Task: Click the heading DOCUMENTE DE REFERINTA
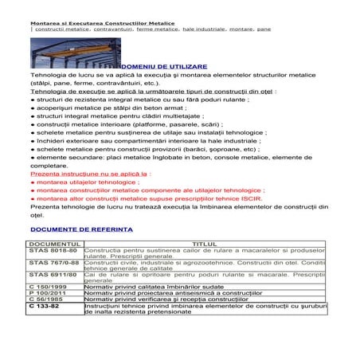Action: [80, 227]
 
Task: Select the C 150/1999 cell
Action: [48, 289]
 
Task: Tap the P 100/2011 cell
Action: [48, 296]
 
